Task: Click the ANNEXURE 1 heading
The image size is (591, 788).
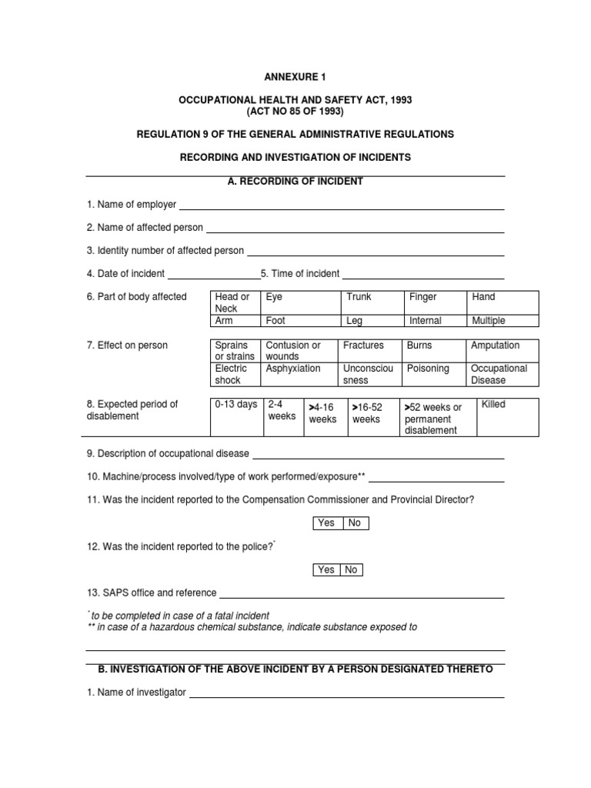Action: point(295,78)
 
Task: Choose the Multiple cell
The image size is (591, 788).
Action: point(502,321)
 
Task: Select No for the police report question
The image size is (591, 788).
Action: point(351,570)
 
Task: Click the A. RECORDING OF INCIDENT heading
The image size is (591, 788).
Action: point(295,182)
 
